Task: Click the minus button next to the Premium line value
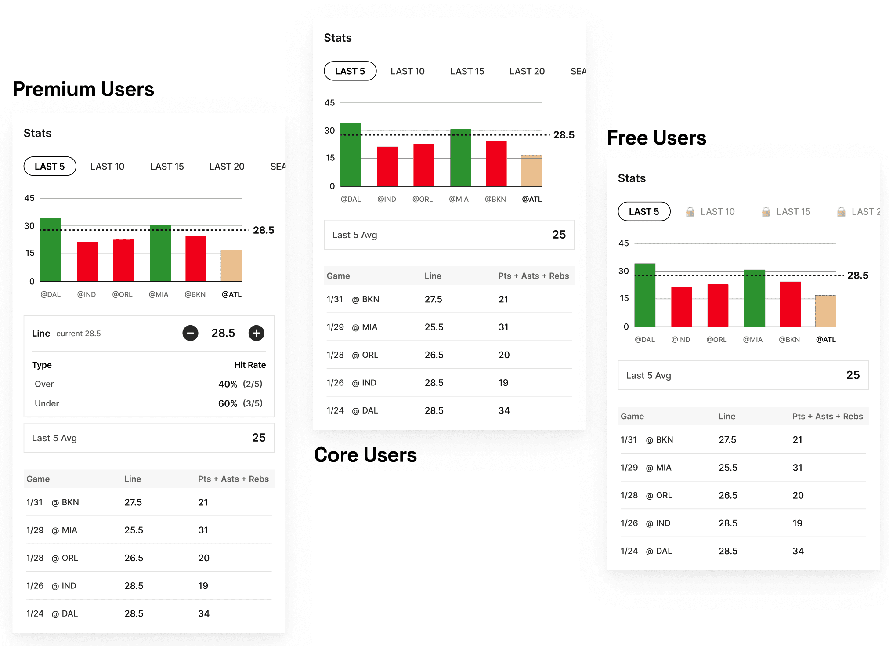190,333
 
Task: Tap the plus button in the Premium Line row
257,333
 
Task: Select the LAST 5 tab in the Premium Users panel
50,167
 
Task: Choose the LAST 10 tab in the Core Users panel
408,71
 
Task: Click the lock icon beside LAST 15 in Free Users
766,212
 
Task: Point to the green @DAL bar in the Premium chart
51,250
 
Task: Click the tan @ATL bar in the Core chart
531,171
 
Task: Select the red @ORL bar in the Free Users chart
718,305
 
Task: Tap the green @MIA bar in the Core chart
461,158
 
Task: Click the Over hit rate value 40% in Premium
228,384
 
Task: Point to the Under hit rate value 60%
228,403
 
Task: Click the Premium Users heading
83,89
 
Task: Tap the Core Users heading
365,455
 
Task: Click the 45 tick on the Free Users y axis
624,243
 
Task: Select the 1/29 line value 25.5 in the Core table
434,327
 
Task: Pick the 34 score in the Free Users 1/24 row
798,551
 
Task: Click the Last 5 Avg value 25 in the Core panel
559,235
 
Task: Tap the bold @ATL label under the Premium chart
231,294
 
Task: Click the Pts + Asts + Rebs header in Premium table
233,479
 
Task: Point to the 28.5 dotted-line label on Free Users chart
858,276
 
